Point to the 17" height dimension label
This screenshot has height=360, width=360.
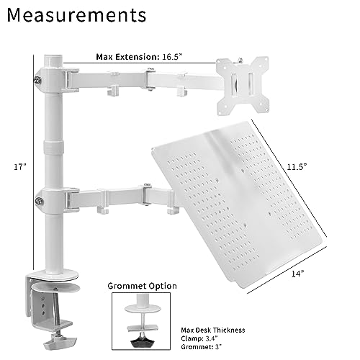[x=20, y=166]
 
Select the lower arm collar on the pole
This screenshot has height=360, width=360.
[x=54, y=198]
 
